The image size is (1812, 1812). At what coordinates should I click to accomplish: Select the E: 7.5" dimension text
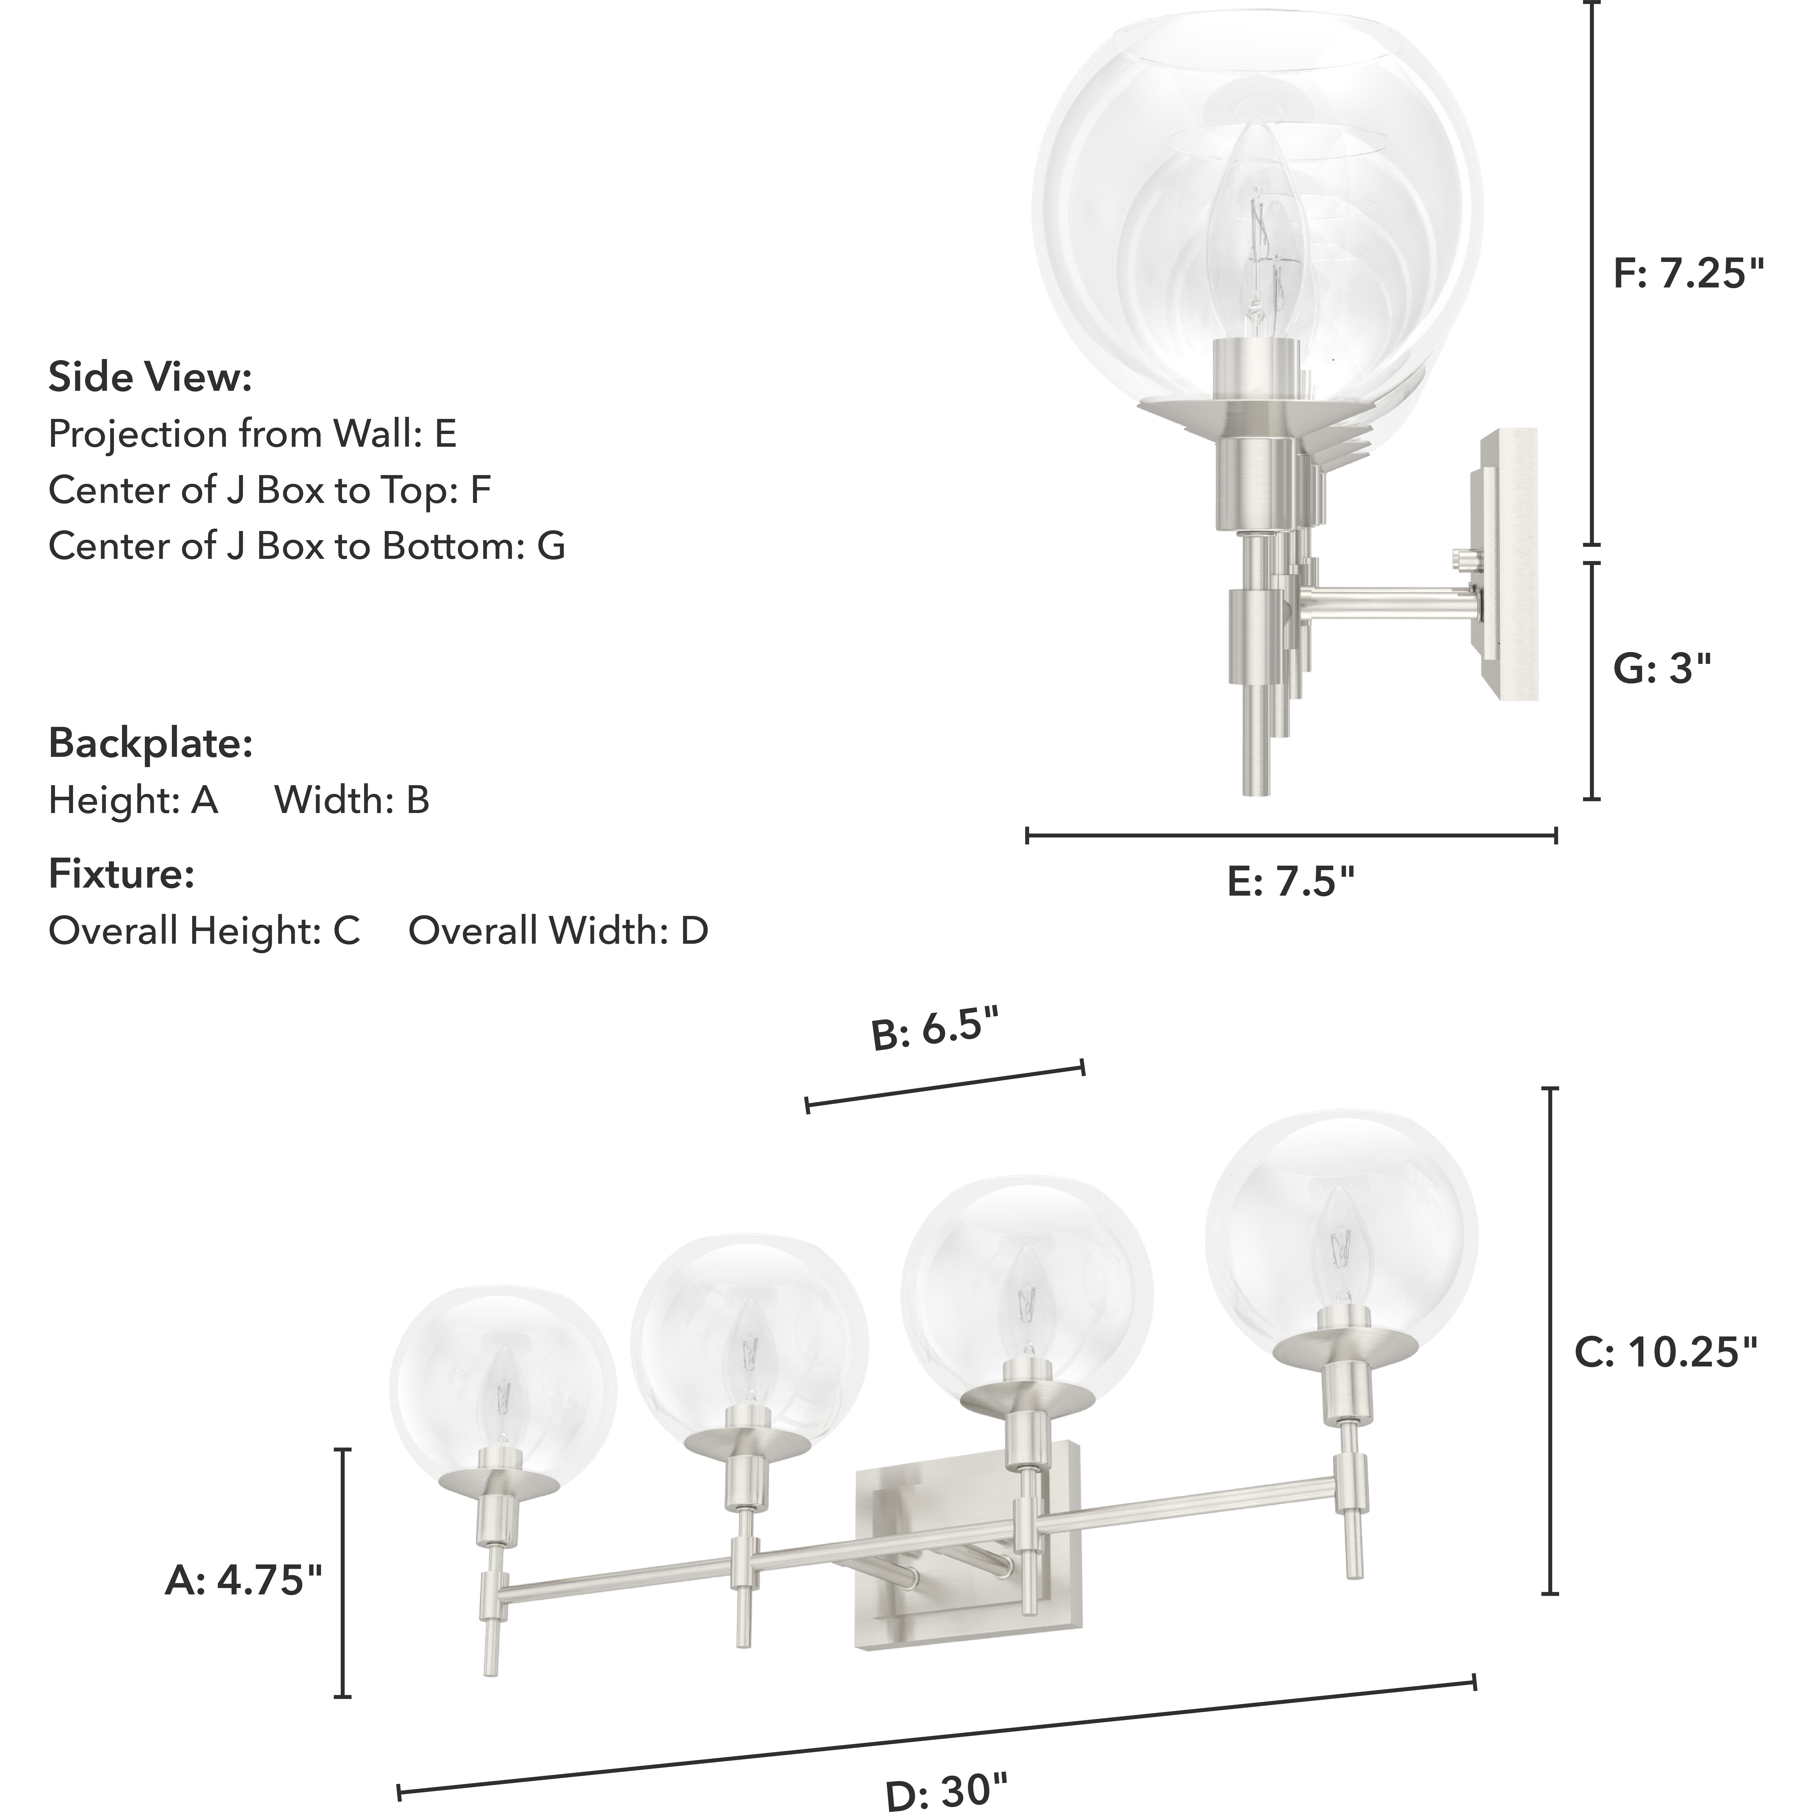point(1291,882)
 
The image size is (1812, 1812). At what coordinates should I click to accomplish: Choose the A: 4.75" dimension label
point(243,1580)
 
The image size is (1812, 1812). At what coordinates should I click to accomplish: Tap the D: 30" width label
point(947,1790)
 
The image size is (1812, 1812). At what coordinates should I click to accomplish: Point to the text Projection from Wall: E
point(251,434)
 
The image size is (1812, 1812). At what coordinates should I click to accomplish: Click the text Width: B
point(352,800)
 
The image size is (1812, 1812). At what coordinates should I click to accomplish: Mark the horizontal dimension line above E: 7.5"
point(1291,835)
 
